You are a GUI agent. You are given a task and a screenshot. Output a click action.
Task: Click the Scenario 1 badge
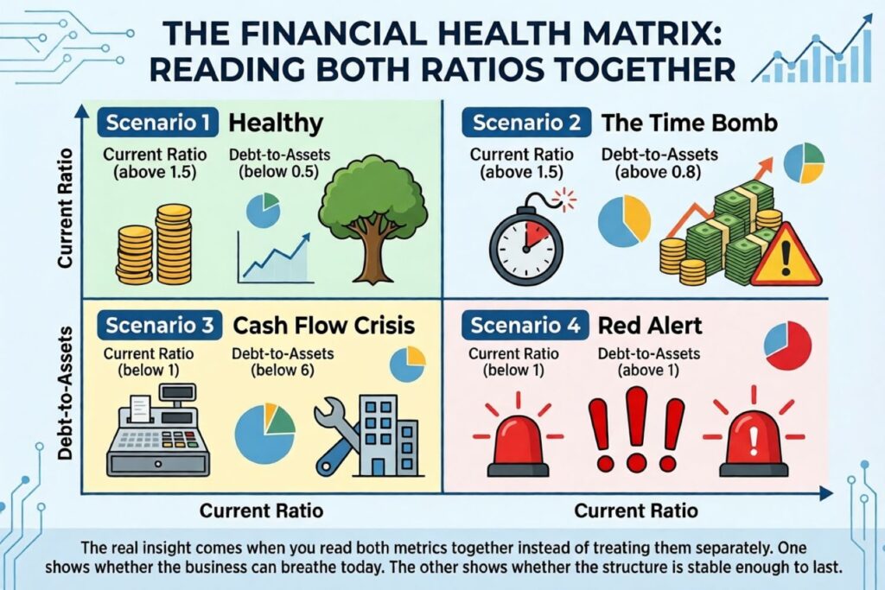pyautogui.click(x=157, y=123)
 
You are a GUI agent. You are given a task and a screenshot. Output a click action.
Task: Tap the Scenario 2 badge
pyautogui.click(x=526, y=123)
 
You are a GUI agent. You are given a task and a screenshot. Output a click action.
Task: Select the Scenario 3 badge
pyautogui.click(x=159, y=325)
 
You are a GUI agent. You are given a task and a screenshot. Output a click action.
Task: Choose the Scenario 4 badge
pyautogui.click(x=525, y=325)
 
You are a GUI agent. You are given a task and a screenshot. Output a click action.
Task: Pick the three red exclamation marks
pyautogui.click(x=636, y=428)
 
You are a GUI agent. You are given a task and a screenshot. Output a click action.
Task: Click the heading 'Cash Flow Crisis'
pyautogui.click(x=324, y=326)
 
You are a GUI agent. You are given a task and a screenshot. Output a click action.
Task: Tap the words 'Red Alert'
pyautogui.click(x=650, y=326)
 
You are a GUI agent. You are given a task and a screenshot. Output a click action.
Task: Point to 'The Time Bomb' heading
pyautogui.click(x=689, y=123)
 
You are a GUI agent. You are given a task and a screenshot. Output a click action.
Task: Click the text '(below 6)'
pyautogui.click(x=283, y=370)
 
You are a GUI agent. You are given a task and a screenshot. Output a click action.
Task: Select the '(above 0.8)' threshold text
pyautogui.click(x=658, y=172)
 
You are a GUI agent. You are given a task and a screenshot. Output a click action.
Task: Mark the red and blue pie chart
pyautogui.click(x=788, y=346)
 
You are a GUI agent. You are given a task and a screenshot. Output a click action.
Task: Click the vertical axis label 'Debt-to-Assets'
pyautogui.click(x=66, y=393)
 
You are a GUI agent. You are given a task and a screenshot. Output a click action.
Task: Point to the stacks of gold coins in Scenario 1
pyautogui.click(x=154, y=244)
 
